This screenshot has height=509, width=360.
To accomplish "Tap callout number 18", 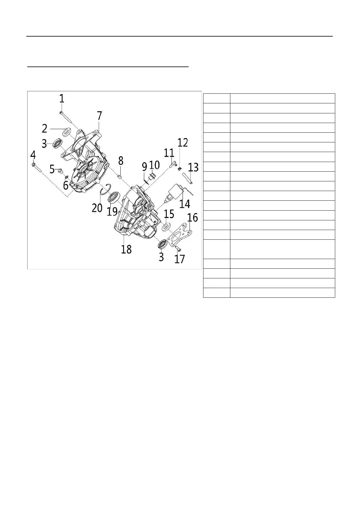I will click(x=126, y=249).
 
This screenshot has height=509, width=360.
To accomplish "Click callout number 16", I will click(x=193, y=217).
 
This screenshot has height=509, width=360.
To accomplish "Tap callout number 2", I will click(x=44, y=128).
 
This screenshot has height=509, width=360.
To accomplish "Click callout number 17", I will click(x=180, y=259).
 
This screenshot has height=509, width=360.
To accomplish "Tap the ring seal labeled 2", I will click(x=67, y=132).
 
